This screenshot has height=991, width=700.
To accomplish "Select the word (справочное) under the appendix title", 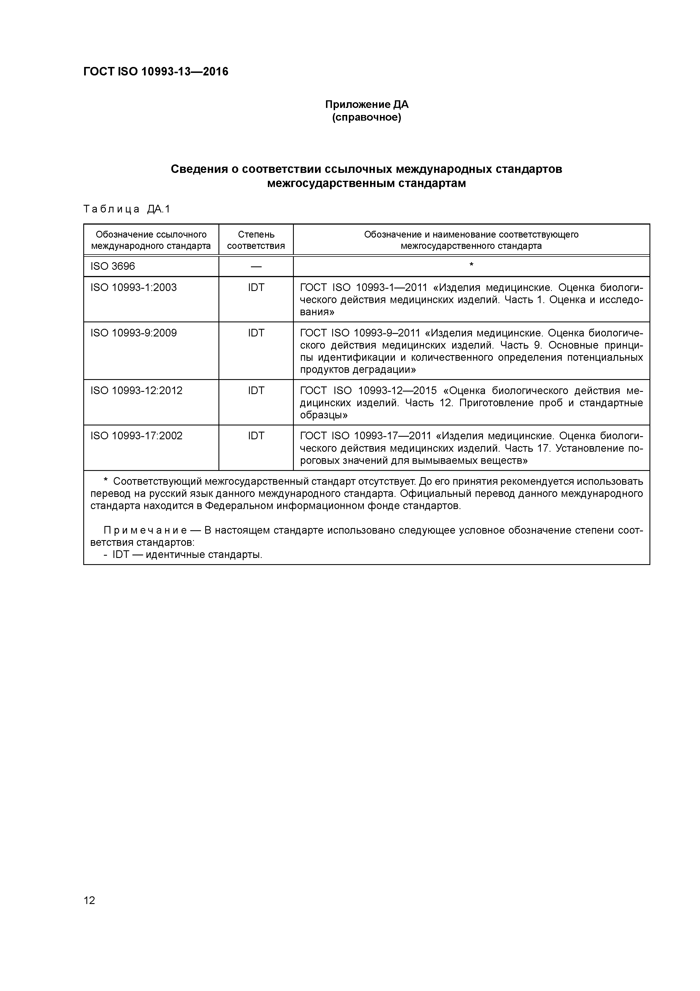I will pyautogui.click(x=367, y=118).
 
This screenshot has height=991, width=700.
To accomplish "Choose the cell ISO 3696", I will pyautogui.click(x=113, y=266).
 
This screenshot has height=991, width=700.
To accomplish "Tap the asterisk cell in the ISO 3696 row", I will pyautogui.click(x=471, y=265).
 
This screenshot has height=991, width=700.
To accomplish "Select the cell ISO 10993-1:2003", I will pyautogui.click(x=134, y=288).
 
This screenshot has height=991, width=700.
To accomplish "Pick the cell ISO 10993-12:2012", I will pyautogui.click(x=136, y=391).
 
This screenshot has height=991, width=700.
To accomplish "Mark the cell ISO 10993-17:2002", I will pyautogui.click(x=136, y=436).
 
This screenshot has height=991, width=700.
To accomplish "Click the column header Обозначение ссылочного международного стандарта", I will pyautogui.click(x=151, y=240).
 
